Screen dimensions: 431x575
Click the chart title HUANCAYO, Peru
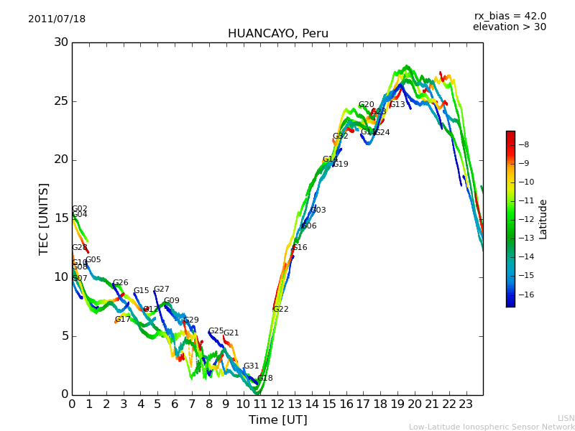click(x=277, y=34)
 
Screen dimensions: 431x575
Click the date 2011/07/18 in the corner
click(x=57, y=19)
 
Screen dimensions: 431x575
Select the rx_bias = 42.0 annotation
click(x=510, y=16)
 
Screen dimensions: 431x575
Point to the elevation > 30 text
click(x=509, y=27)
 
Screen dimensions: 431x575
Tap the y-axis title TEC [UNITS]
click(x=44, y=218)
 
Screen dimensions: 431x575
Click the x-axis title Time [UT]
click(x=277, y=420)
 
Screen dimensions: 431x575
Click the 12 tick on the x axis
click(x=277, y=404)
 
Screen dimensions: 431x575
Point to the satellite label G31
click(x=251, y=366)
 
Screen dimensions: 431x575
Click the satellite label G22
click(x=280, y=310)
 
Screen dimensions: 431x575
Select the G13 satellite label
click(x=397, y=105)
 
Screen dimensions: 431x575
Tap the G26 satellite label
click(x=120, y=283)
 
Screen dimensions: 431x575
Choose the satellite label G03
click(x=318, y=210)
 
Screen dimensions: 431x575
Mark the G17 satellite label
click(x=123, y=320)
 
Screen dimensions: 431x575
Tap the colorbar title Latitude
click(x=543, y=219)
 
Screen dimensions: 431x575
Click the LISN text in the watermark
click(x=566, y=418)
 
